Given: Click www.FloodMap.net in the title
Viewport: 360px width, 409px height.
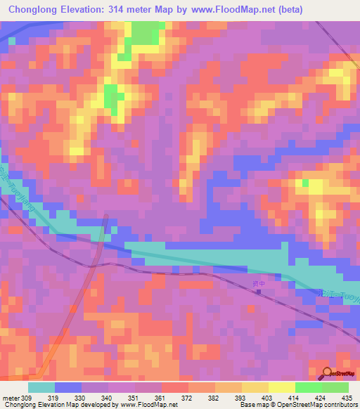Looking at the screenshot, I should click(252, 9).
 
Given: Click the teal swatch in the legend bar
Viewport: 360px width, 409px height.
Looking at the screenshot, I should click(41, 387).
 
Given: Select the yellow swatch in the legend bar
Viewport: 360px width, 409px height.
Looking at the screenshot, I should click(282, 387).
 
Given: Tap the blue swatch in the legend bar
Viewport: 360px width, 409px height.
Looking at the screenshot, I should click(68, 387).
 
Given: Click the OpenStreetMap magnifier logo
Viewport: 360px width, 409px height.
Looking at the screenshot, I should click(328, 372).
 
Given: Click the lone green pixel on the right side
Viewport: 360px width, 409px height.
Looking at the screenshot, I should click(305, 183).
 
